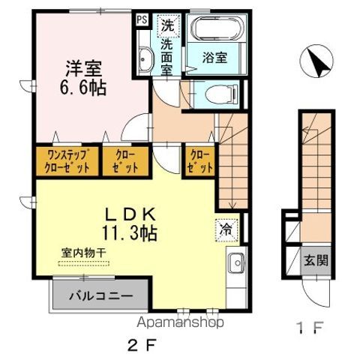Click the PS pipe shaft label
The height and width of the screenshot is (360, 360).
click(142, 19)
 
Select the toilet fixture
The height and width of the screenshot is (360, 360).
click(221, 94)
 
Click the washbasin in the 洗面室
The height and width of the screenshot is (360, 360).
click(145, 58)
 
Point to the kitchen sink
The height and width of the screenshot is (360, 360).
click(236, 263)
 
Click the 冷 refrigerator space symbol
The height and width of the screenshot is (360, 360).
click(226, 230)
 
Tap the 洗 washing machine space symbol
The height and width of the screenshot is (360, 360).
click(168, 26)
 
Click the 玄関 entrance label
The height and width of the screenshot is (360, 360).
click(316, 261)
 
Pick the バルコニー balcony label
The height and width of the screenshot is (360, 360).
click(101, 296)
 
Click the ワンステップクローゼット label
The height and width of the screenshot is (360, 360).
click(67, 161)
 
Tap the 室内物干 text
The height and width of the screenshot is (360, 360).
click(84, 253)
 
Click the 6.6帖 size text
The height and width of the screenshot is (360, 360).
click(83, 88)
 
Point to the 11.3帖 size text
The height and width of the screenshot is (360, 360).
click(129, 233)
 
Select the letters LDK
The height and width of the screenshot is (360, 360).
click(130, 214)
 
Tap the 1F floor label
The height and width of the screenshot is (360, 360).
click(310, 328)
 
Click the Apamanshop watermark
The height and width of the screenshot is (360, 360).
click(180, 322)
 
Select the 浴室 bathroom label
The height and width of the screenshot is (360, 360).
click(215, 58)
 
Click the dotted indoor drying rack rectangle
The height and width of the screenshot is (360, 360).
click(84, 263)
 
